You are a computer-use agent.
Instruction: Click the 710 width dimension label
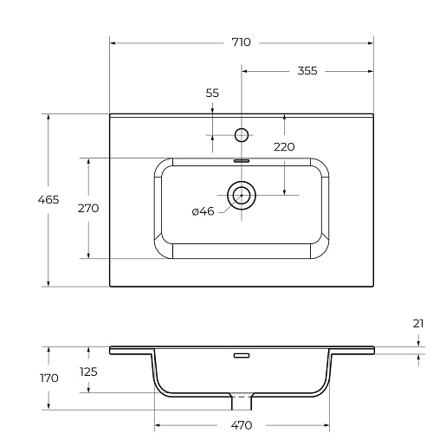coord(242,42)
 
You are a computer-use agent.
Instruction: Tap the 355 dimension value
coord(307,71)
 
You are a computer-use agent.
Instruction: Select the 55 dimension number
coord(212,93)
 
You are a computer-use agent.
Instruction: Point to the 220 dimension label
coord(284,147)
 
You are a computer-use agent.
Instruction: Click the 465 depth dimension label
coord(48,199)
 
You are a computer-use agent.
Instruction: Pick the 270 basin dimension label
coord(88,208)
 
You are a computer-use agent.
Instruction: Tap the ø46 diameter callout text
coord(203,211)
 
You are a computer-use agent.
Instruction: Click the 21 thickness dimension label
coord(418,324)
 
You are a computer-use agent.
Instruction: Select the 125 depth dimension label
coord(88,372)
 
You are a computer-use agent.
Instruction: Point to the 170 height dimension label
coord(49,378)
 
